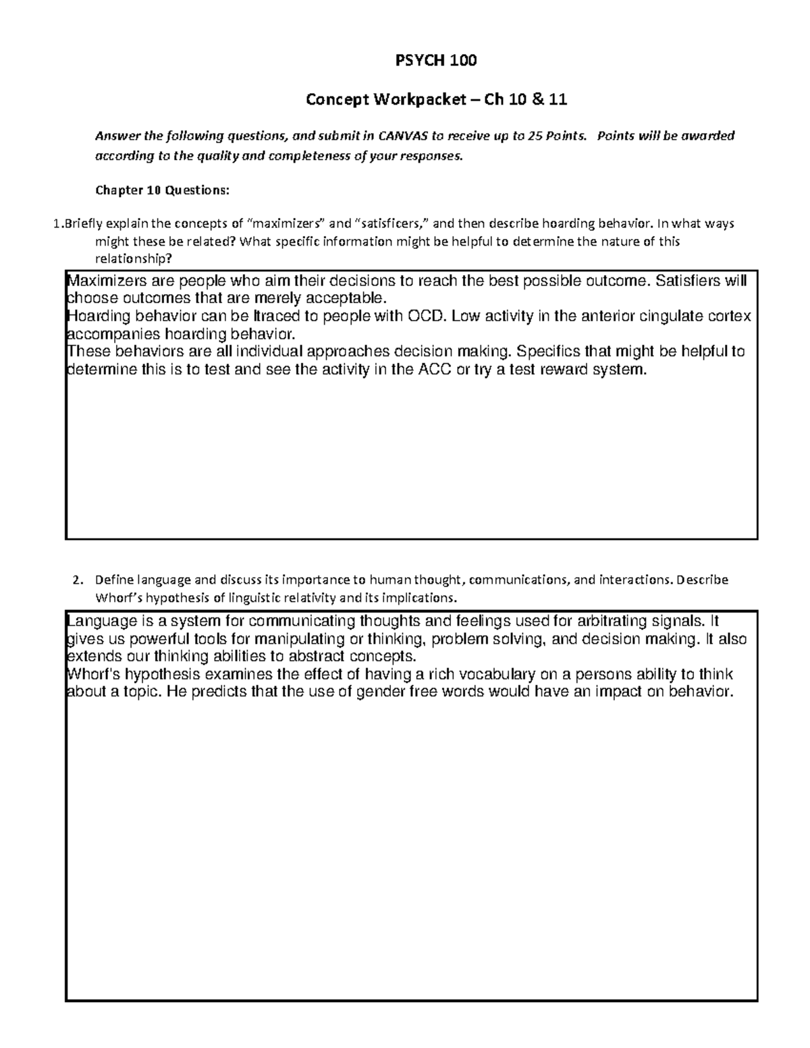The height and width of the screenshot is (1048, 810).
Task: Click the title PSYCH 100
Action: coord(435,61)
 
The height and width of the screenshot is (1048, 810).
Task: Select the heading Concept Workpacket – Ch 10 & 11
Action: coord(436,100)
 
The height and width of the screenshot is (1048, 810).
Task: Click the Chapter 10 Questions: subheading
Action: coord(162,190)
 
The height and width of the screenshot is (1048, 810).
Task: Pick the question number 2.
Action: coord(78,580)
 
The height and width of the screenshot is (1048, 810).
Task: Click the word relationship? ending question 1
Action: coord(134,258)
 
